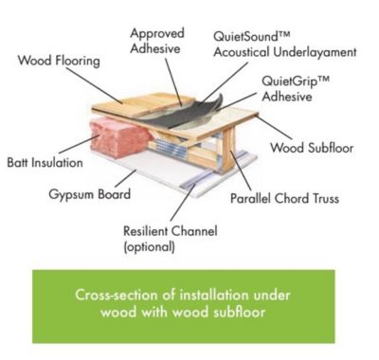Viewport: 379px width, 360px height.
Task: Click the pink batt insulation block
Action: (118, 138)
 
